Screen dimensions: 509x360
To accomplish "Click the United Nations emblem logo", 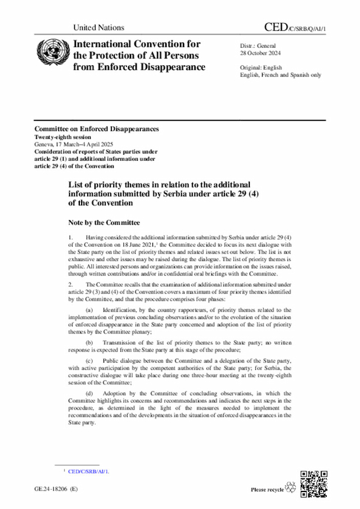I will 51,54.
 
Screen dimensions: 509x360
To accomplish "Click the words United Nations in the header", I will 98,27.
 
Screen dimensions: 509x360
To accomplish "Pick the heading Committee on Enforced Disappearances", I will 96,129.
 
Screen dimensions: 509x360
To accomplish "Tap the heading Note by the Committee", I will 104,223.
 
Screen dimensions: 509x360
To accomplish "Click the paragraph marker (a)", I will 89,310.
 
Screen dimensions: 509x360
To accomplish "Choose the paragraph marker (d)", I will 89,393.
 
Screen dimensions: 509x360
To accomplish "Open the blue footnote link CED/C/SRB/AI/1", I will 88,471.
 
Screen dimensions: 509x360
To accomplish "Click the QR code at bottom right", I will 314,483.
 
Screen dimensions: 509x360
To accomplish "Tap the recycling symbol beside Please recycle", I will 291,487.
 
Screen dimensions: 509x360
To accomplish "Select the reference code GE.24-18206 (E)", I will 56,489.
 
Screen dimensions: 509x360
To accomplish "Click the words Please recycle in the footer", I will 267,490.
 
